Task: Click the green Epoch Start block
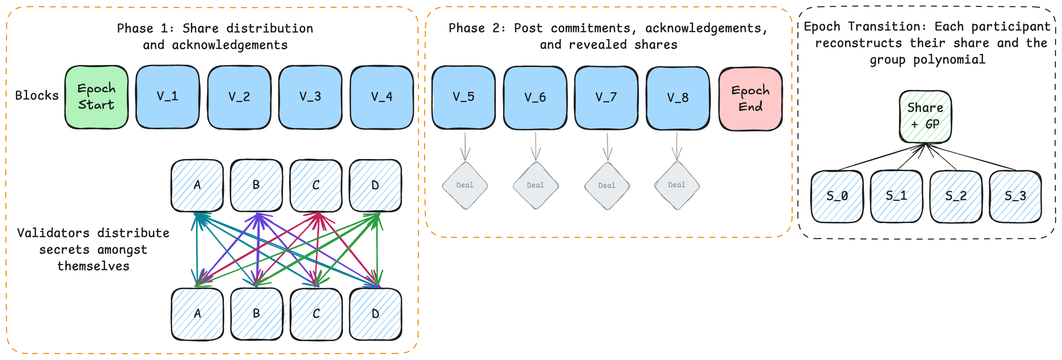tap(96, 97)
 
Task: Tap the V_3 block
tap(310, 97)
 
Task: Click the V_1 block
tap(167, 97)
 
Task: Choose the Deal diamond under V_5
tap(465, 185)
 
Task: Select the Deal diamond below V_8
tap(677, 185)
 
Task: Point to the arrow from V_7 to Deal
tap(607, 146)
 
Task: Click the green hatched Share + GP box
tap(925, 117)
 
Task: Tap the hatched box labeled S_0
tap(837, 196)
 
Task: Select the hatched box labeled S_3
tap(1015, 196)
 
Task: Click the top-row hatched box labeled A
tap(197, 185)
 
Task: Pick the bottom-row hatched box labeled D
tap(375, 314)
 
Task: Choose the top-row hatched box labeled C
tap(316, 185)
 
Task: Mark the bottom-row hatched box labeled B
tap(256, 314)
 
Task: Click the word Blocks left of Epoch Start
tap(37, 96)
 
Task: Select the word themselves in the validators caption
tap(93, 266)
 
